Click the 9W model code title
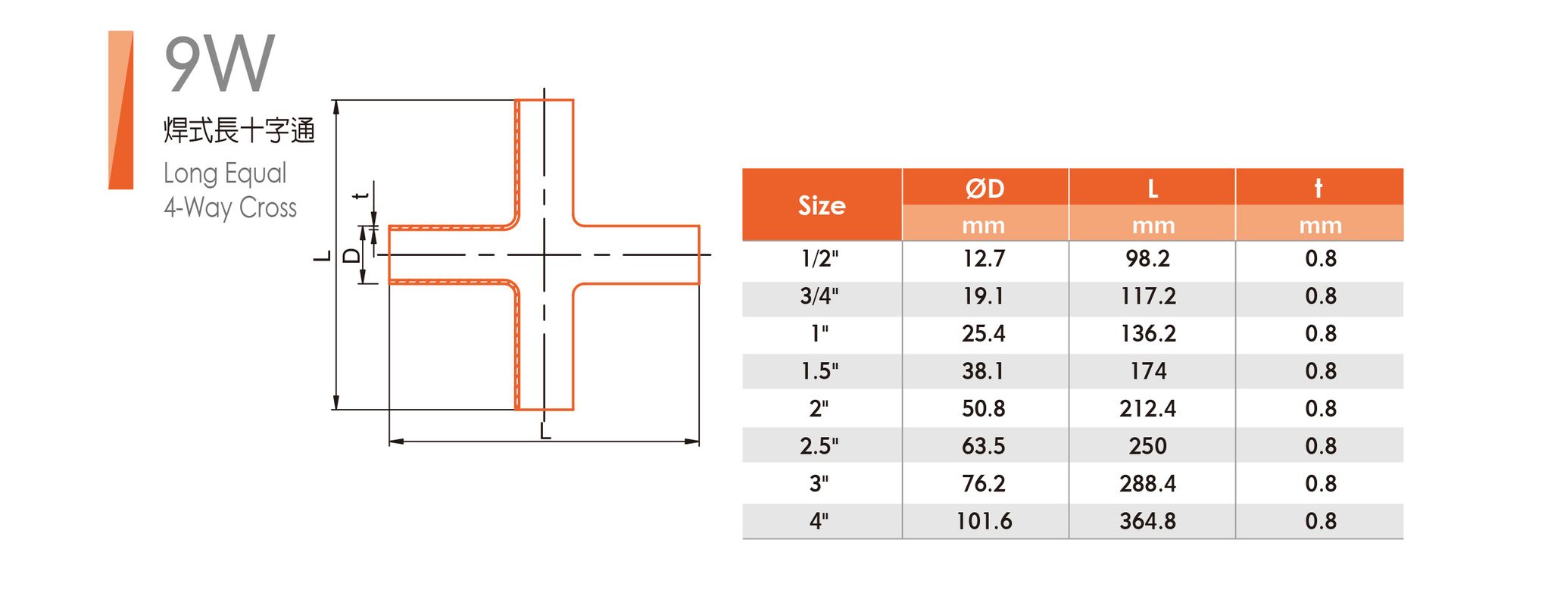point(219,64)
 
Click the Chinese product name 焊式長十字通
point(239,130)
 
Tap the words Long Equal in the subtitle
point(225,173)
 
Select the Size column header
point(822,205)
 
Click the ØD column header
point(985,188)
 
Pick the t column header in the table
point(1319,188)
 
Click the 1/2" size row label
point(820,259)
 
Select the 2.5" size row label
point(819,446)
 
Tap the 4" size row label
point(819,521)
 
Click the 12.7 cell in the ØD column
point(984,259)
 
